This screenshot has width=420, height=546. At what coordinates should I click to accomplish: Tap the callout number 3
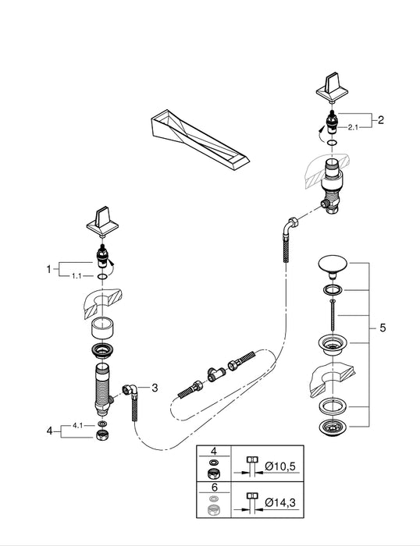coord(155,387)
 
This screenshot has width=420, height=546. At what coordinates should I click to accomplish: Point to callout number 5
coord(382,329)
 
